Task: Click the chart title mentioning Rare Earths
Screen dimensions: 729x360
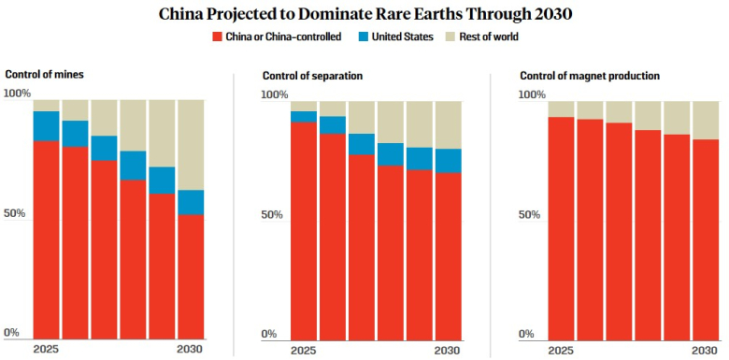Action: pyautogui.click(x=364, y=14)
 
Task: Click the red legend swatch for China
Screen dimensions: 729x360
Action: pyautogui.click(x=216, y=36)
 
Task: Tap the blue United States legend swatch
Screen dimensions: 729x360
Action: pyautogui.click(x=363, y=36)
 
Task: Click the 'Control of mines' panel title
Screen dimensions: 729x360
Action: pyautogui.click(x=44, y=75)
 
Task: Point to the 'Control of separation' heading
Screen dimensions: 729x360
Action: pyautogui.click(x=312, y=76)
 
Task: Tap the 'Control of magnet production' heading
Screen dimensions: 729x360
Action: pyautogui.click(x=590, y=76)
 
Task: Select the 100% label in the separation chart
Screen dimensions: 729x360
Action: pyautogui.click(x=274, y=94)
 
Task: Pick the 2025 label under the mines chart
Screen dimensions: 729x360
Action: pyautogui.click(x=46, y=350)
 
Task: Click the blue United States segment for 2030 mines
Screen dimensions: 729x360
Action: pyautogui.click(x=191, y=202)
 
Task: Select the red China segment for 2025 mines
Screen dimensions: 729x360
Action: pyautogui.click(x=46, y=240)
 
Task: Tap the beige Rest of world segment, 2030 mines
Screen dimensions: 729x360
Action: pyautogui.click(x=191, y=145)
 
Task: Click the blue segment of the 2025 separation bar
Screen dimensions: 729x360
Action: pyautogui.click(x=304, y=117)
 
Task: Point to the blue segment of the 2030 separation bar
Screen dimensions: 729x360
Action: pyautogui.click(x=449, y=161)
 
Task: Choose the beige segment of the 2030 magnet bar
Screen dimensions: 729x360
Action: pyautogui.click(x=706, y=120)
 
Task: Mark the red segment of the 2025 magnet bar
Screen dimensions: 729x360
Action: pyautogui.click(x=561, y=229)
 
